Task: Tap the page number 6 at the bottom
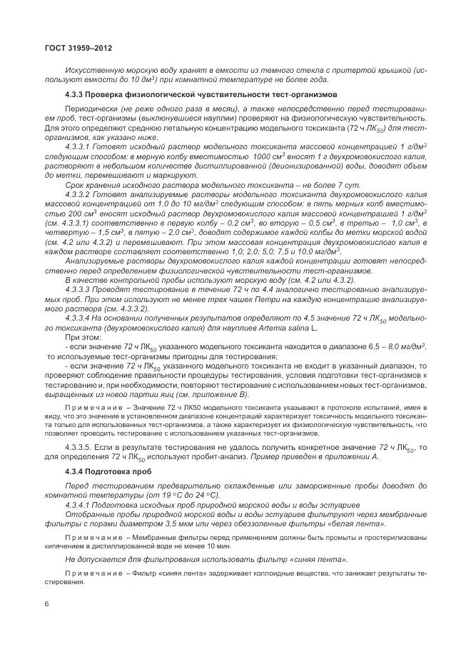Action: (x=46, y=604)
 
